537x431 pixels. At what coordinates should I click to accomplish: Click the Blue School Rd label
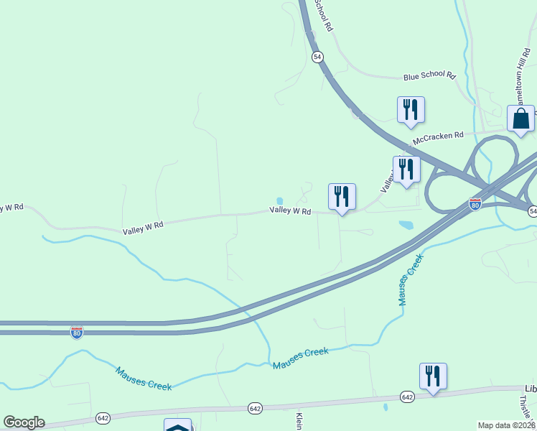point(429,75)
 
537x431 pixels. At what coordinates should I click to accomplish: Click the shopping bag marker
point(520,119)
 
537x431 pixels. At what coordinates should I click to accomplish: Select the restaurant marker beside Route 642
point(433,376)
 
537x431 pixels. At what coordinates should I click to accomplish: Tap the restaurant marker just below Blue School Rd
point(411,109)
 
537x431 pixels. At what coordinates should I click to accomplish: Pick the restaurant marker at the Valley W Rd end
point(342,196)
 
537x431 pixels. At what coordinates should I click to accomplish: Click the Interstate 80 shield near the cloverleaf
point(475,204)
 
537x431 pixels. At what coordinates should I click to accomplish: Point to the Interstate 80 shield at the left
point(77,332)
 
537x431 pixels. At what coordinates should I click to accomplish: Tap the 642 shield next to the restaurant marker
point(407,397)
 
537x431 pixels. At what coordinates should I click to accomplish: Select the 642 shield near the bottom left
point(103,418)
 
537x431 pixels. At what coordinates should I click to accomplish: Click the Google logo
point(24,422)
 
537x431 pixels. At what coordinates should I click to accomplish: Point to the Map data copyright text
point(506,425)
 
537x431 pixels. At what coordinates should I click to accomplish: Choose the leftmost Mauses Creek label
point(144,378)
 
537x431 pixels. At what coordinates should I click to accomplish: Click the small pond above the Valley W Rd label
point(279,201)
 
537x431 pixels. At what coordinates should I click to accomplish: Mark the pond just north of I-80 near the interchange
point(406,225)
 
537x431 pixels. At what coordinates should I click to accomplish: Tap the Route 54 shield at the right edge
point(532,210)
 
